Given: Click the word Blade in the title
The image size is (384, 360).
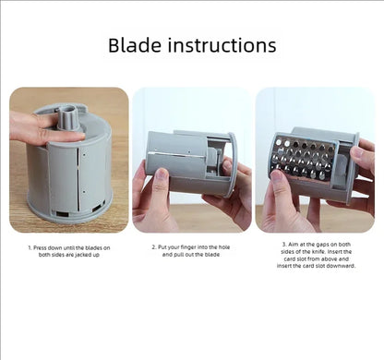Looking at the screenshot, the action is click(135, 45).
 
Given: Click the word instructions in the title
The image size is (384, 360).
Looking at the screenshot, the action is click(222, 45).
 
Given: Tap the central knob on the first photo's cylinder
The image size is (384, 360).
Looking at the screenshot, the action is click(68, 117).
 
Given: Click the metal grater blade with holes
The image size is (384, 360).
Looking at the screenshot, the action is click(303, 159).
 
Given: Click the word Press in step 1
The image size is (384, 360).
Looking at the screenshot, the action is click(41, 247).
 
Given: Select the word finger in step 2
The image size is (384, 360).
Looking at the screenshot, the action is click(188, 247).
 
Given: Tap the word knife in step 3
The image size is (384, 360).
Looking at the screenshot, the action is click(318, 252).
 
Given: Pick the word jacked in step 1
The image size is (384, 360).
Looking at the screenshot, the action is click(82, 255).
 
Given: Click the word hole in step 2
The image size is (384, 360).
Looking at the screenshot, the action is click(224, 247).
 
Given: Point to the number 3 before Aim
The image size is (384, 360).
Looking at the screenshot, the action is click(284, 245).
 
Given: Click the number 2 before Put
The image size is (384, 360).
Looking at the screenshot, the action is click(154, 247).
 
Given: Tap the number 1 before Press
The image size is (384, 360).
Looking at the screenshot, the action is click(30, 247).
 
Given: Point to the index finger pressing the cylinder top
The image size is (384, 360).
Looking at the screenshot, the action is click(61, 136).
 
